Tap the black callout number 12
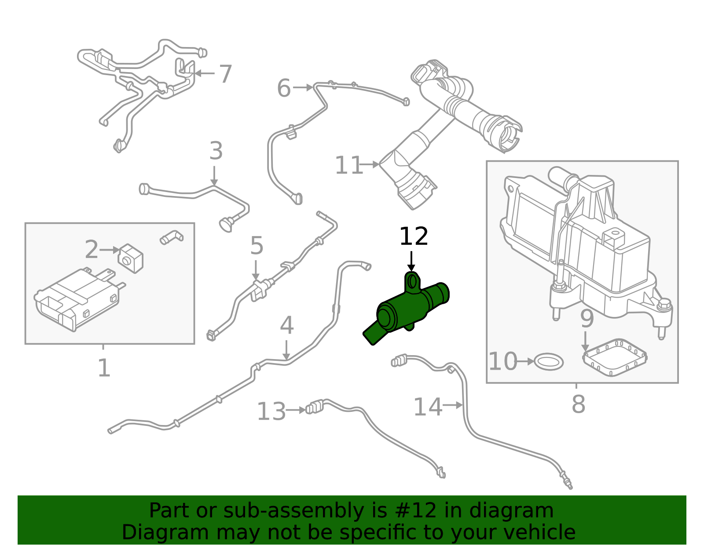413,237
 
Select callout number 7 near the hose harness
225,74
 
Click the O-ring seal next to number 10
549,362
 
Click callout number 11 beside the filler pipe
348,166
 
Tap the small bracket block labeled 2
131,258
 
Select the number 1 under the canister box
104,368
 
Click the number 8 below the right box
578,404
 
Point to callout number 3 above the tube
216,151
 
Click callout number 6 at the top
284,88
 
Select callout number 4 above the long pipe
286,326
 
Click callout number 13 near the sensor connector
271,412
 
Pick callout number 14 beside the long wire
427,407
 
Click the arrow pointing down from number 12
411,261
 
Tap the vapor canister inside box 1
77,299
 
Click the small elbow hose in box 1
171,237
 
